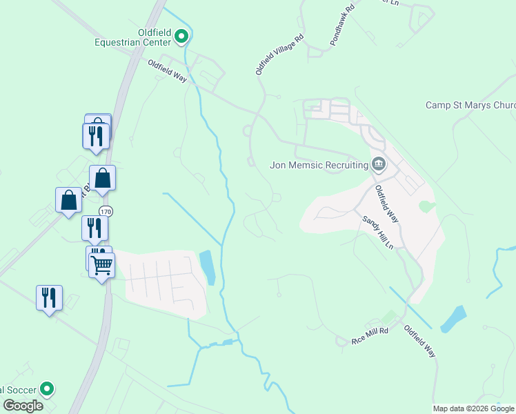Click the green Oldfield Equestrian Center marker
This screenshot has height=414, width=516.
tap(181, 36)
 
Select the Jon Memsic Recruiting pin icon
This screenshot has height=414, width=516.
tap(379, 164)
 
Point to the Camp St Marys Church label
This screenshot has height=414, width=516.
tap(470, 106)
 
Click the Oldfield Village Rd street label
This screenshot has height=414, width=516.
tap(279, 55)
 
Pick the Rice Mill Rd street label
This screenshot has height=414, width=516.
tap(370, 336)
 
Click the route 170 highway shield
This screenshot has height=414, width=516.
tap(105, 211)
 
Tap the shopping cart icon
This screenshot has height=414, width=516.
tap(102, 264)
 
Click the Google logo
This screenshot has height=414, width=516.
tap(23, 405)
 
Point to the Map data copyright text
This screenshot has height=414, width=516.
tap(473, 408)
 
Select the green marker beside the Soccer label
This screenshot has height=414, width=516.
tap(47, 390)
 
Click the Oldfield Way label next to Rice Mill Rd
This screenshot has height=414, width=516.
tap(419, 340)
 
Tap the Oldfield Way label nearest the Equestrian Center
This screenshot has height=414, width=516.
tap(167, 71)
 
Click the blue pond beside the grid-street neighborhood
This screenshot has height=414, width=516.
tap(207, 267)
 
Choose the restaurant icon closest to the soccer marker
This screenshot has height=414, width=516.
tap(49, 297)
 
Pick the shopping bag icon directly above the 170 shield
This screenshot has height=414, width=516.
tap(102, 177)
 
